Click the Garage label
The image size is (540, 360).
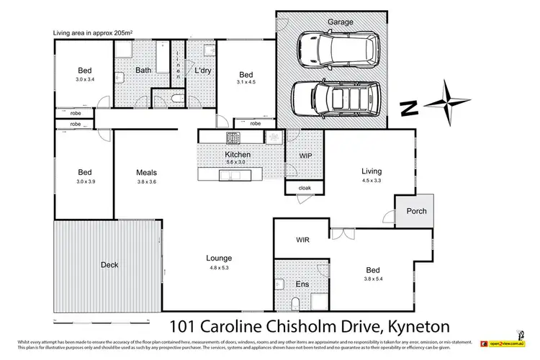[x=341, y=22]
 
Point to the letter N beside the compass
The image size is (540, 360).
[x=409, y=107]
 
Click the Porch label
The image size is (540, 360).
[x=417, y=211]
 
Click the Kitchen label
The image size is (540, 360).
[x=238, y=155]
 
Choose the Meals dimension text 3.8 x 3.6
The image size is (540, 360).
[x=147, y=181]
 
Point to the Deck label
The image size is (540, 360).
[x=109, y=265]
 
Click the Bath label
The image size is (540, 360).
[x=143, y=70]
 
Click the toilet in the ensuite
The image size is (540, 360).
[x=296, y=303]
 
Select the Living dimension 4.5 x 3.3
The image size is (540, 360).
[x=371, y=181]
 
